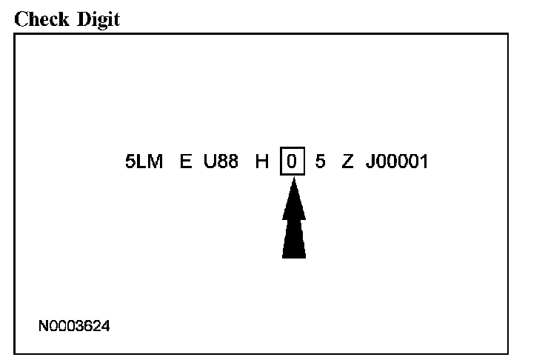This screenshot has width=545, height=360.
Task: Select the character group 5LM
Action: point(144,162)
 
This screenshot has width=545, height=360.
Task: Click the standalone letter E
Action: point(186,162)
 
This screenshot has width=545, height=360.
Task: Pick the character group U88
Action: point(221,162)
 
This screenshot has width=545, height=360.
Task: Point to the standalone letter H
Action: point(262,162)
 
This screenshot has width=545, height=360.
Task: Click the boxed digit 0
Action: point(292,162)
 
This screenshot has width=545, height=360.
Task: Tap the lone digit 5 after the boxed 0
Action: point(320,162)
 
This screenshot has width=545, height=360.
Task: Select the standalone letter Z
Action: point(347,162)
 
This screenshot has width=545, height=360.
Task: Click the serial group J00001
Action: point(396,162)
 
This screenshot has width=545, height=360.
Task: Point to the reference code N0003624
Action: point(76,325)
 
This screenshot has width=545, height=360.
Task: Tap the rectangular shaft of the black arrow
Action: point(293,239)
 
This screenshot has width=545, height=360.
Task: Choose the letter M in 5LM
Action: point(155,162)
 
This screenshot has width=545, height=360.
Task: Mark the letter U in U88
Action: point(210,162)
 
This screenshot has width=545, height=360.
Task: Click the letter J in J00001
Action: point(370,162)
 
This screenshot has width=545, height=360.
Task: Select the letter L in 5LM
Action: point(143,162)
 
